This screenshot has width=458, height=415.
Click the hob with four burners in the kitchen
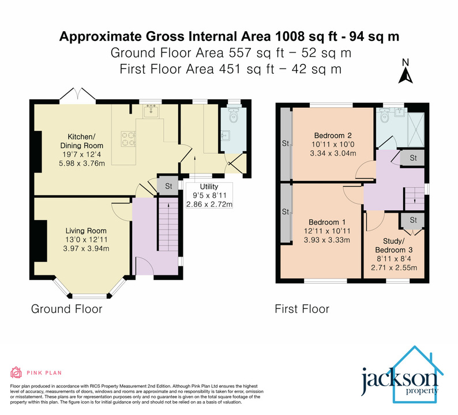127,138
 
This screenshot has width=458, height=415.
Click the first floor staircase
412,199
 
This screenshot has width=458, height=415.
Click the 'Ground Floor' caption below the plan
66,310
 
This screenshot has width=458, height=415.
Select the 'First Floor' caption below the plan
301,310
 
